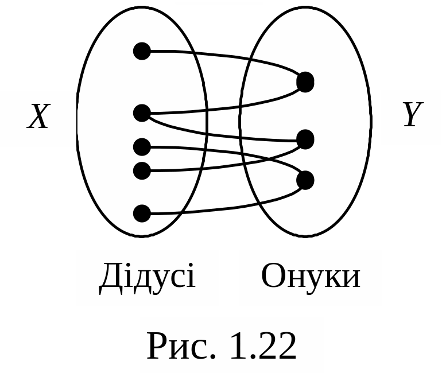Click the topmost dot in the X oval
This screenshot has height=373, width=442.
142,51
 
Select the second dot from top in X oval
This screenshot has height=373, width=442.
142,113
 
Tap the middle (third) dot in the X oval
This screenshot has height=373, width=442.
142,147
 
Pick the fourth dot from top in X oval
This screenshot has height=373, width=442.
142,170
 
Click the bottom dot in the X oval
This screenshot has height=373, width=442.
142,213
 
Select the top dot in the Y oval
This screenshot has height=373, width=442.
305,82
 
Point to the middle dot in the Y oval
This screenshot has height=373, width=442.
305,139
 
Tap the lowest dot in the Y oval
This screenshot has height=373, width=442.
305,180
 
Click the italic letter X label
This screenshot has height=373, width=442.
38,118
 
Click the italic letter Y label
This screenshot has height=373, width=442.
411,115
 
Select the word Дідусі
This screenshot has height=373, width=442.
147,277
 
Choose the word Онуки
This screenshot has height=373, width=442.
311,277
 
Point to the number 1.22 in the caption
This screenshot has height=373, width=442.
263,346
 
